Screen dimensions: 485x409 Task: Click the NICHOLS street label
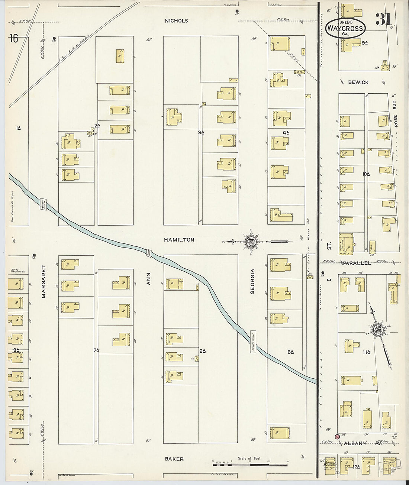(176, 21)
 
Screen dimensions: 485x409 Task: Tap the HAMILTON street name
(179, 240)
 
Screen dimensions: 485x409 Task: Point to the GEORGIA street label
(252, 281)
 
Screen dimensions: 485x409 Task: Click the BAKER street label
(174, 459)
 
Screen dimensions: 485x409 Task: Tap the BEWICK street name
(358, 82)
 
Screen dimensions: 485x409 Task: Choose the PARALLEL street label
(357, 263)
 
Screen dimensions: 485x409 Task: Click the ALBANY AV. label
(361, 443)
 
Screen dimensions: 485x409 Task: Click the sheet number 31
(383, 19)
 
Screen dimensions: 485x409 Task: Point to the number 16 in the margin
(14, 39)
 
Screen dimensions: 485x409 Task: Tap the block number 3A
(201, 132)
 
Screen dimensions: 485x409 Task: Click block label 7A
(96, 350)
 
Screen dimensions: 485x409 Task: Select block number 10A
(366, 174)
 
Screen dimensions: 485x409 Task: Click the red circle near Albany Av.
(337, 437)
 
